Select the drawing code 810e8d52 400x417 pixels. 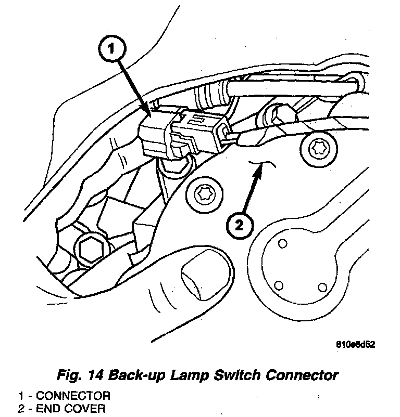(x=356, y=344)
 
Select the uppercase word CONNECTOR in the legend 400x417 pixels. (x=72, y=396)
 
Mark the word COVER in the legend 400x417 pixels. (x=84, y=408)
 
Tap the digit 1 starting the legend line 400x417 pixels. (x=21, y=396)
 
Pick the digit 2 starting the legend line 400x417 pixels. (x=21, y=408)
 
